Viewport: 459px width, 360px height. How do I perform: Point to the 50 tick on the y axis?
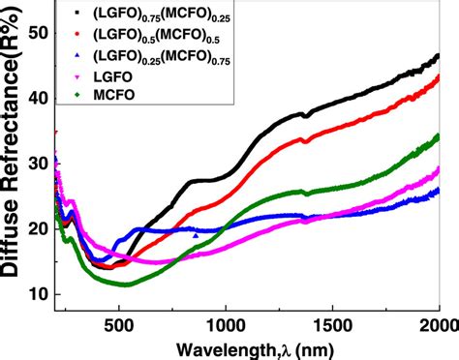[x=36, y=33]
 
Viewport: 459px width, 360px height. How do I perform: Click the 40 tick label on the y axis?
[x=36, y=98]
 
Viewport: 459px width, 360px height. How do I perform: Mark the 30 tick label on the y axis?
[x=36, y=164]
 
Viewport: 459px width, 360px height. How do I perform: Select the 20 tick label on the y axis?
[x=36, y=229]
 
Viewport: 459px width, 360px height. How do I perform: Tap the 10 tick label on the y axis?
[x=36, y=294]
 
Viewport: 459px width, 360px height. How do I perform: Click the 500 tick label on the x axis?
[x=118, y=327]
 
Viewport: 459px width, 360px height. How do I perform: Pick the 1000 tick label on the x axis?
[x=225, y=327]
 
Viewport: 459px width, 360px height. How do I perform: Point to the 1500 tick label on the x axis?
[x=332, y=327]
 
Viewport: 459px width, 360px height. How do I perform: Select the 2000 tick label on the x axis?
[x=438, y=327]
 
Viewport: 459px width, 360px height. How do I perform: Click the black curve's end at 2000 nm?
[x=438, y=56]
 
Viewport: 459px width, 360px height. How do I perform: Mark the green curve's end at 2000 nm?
[x=438, y=136]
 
